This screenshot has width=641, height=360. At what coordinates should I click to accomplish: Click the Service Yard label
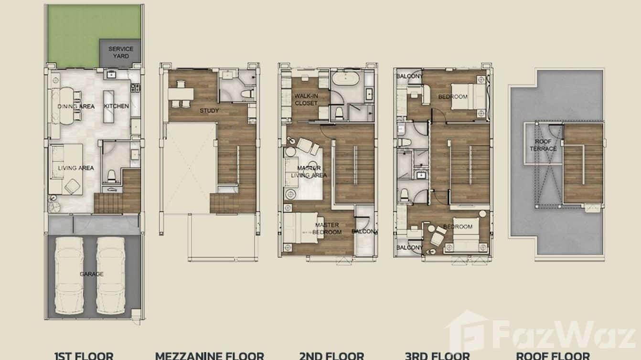tap(121, 52)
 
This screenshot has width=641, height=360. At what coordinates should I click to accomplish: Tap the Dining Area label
tap(75, 106)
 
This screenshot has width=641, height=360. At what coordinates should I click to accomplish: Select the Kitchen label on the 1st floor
tap(117, 106)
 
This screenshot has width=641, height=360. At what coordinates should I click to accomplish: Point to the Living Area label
tap(76, 168)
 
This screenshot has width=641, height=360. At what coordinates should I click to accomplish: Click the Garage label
tap(92, 274)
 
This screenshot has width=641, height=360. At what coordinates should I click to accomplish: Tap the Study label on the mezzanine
tap(209, 111)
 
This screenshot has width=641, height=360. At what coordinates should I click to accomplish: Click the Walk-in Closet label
tap(306, 99)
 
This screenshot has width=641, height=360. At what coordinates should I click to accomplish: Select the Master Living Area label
tap(309, 172)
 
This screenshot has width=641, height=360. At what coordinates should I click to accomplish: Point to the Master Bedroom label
tap(327, 228)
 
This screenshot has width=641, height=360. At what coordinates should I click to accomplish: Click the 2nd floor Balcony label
tap(365, 232)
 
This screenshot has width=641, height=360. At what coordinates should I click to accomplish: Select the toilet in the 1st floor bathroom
tap(111, 176)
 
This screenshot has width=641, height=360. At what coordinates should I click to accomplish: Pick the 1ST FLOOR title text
tap(84, 356)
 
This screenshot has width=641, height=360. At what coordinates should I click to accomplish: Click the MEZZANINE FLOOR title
tap(209, 356)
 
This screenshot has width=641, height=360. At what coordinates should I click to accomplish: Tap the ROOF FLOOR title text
tap(553, 356)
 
